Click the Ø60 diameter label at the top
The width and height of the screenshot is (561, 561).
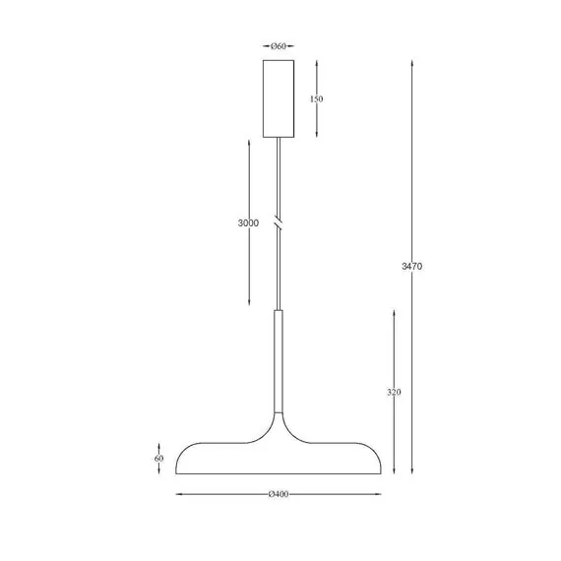click(279, 46)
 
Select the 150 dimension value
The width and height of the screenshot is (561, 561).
click(316, 98)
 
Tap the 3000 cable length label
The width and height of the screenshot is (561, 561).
click(248, 222)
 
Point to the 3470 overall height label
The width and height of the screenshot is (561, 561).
click(411, 266)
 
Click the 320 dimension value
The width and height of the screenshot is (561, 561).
click(394, 392)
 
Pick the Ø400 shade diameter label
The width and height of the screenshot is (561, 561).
click(279, 494)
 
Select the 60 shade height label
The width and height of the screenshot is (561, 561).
click(158, 459)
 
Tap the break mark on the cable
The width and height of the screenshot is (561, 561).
click(278, 222)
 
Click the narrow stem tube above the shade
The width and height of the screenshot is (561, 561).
click(279, 361)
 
